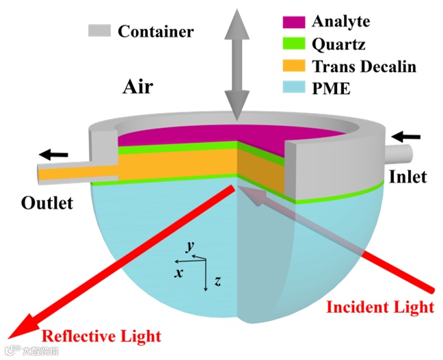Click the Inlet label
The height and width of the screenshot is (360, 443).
407,177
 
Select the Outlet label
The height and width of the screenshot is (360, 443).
47,203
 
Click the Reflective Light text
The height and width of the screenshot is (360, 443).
102,335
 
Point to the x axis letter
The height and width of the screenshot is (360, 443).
178,272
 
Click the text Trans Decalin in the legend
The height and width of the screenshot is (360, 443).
363,66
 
